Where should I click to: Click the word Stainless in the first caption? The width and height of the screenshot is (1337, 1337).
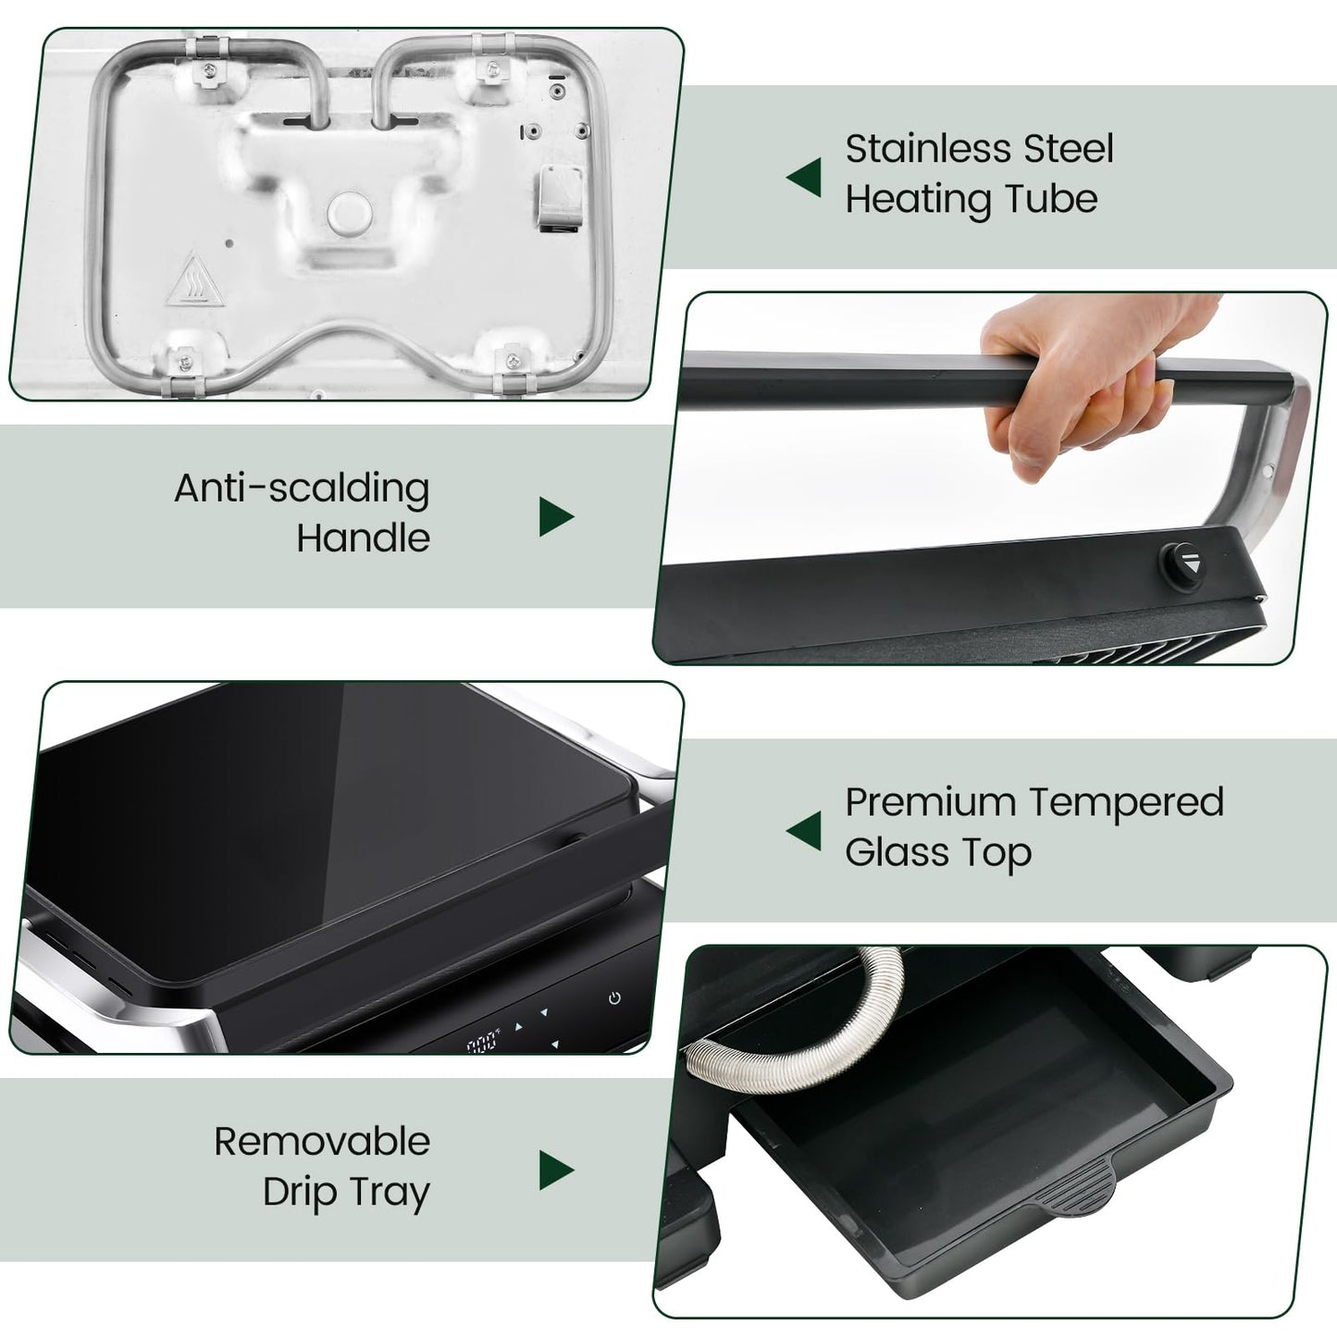(919, 149)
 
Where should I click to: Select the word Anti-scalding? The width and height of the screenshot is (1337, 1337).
(302, 489)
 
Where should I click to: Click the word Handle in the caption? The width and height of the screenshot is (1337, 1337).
(363, 538)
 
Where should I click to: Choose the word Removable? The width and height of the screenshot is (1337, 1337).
(322, 1142)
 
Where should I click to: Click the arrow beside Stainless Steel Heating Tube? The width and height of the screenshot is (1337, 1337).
(803, 177)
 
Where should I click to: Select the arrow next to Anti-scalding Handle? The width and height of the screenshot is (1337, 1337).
(556, 516)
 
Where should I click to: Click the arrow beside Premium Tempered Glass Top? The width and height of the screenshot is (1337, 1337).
(803, 831)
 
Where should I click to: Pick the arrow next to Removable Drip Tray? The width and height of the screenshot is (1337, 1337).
(556, 1170)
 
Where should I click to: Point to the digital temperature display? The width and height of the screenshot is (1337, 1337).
(482, 1045)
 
